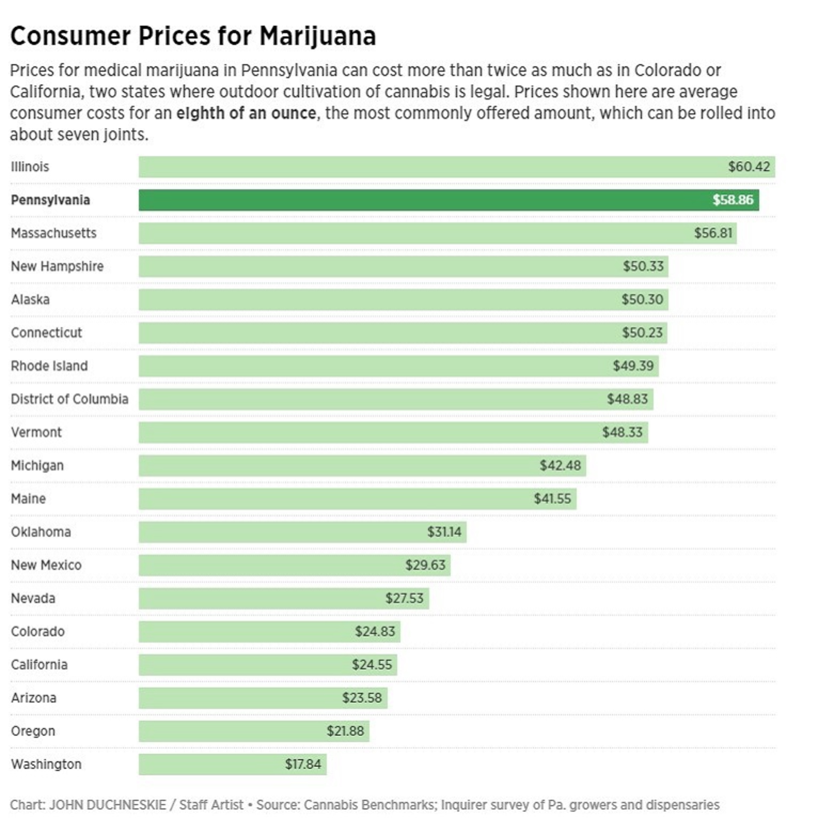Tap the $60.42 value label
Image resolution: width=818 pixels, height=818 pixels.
(748, 166)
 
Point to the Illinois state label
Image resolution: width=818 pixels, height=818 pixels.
(30, 167)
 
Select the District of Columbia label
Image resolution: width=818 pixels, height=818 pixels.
(70, 399)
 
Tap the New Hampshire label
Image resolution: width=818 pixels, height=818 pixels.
(57, 266)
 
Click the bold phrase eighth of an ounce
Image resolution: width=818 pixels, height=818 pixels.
(246, 113)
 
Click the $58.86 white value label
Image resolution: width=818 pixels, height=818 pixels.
(732, 200)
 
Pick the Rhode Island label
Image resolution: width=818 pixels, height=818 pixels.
(49, 366)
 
